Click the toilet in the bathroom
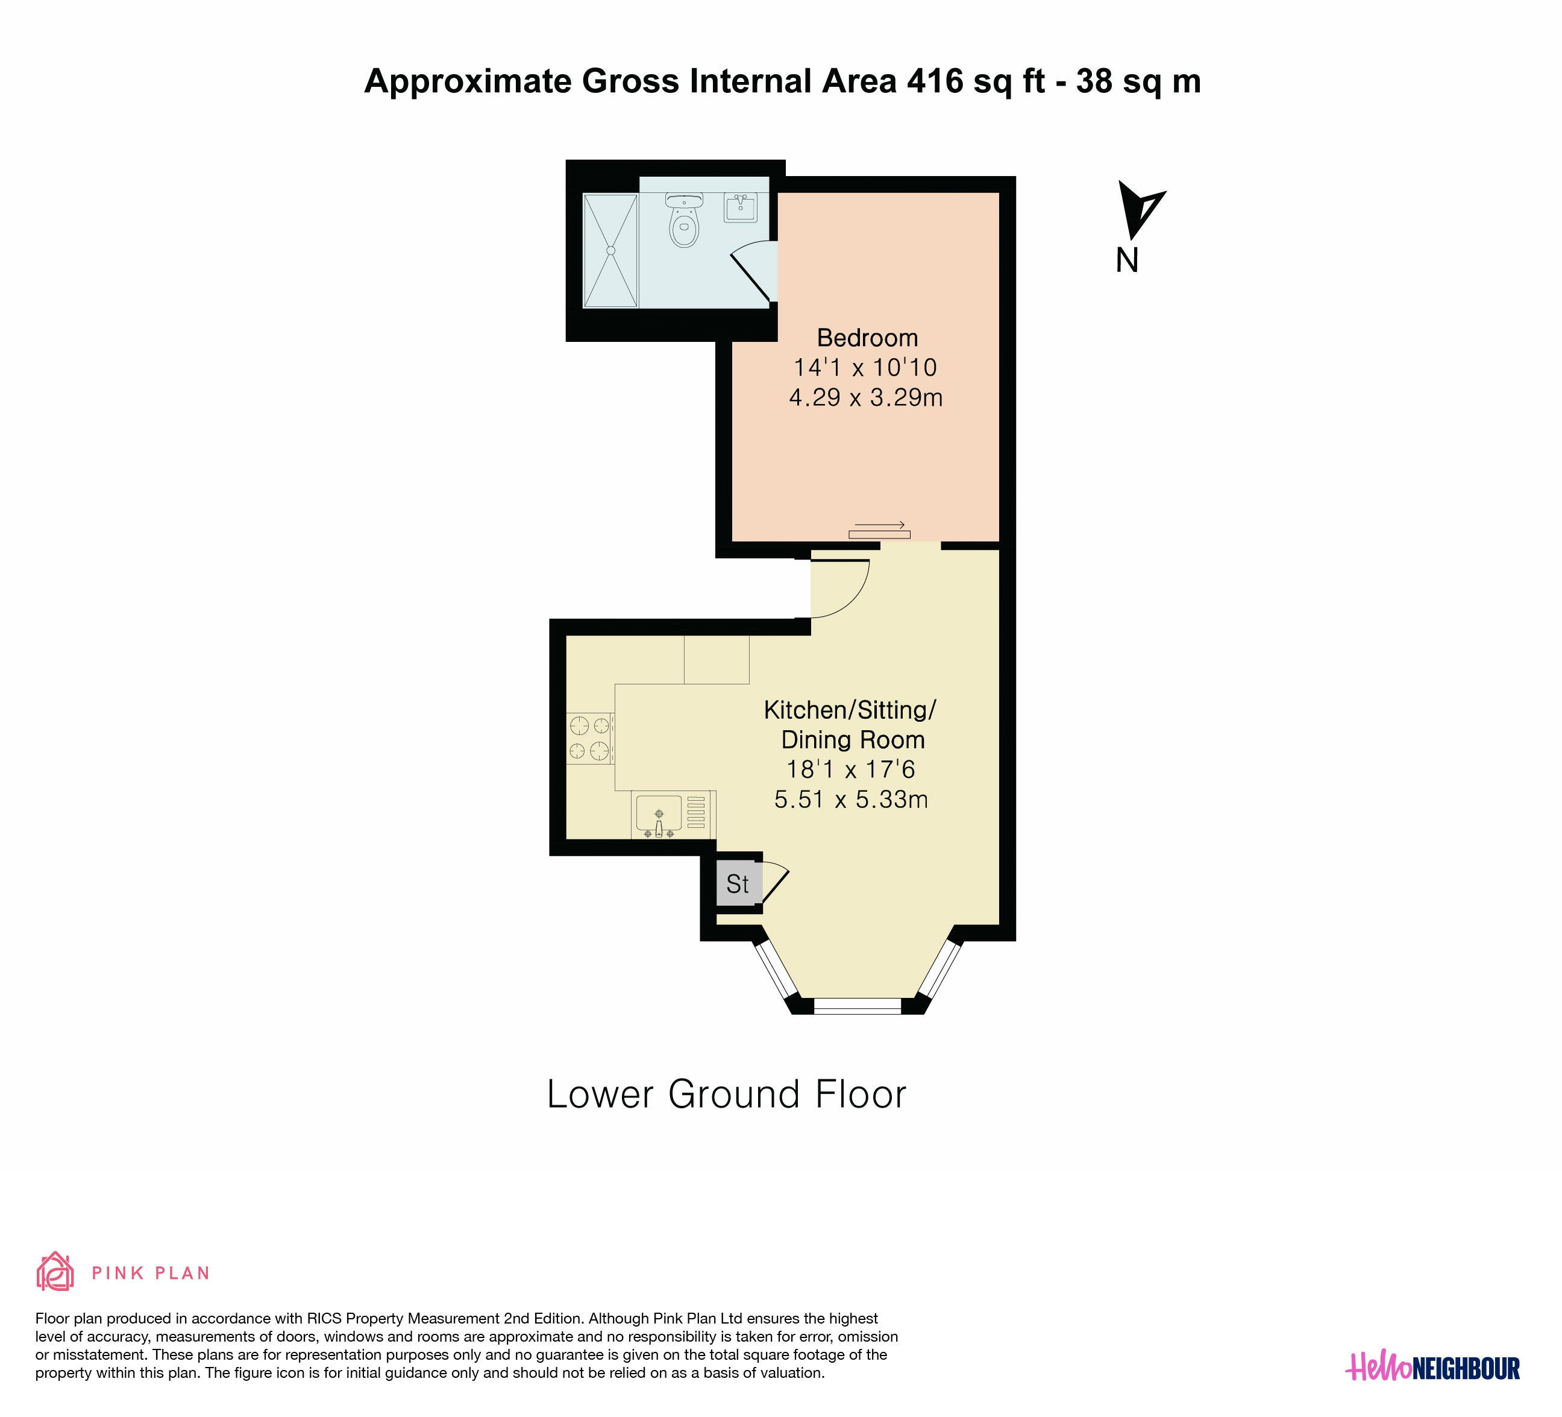[x=684, y=220]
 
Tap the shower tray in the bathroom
[x=610, y=250]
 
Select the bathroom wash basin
[x=741, y=208]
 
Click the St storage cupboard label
[x=738, y=884]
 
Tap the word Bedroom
[x=868, y=338]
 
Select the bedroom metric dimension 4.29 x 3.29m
[x=866, y=397]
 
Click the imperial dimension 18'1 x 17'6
[x=851, y=770]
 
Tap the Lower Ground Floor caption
[x=727, y=1094]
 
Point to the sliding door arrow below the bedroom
[x=879, y=525]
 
